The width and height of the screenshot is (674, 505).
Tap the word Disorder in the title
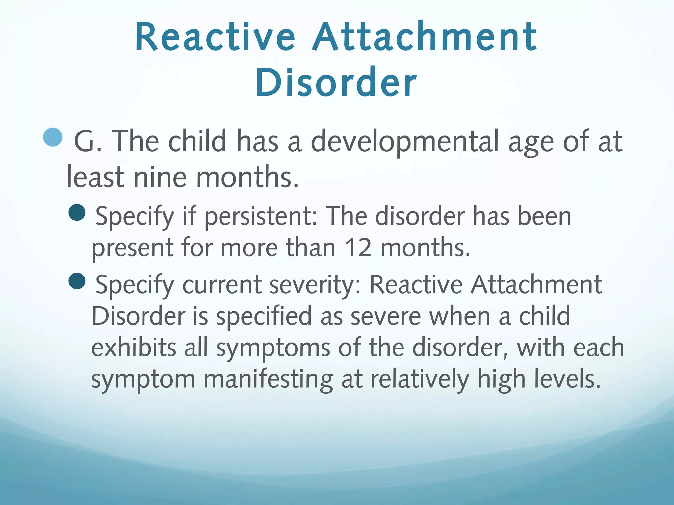tap(336, 82)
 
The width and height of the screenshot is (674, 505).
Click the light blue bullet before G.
tap(53, 137)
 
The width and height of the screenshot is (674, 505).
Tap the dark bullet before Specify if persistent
tap(77, 213)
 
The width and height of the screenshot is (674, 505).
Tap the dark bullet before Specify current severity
tap(77, 281)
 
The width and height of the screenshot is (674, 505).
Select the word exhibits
tap(134, 348)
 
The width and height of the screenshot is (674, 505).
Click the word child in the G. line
tap(197, 141)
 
